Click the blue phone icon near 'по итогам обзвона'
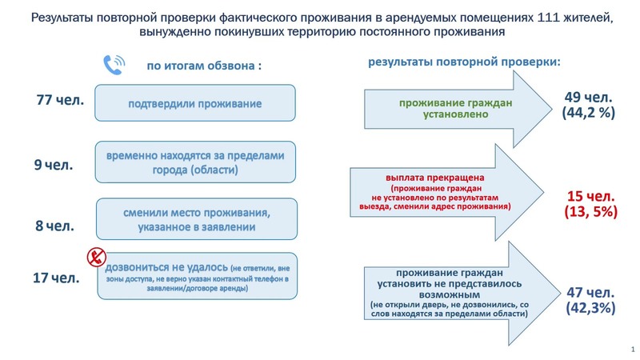114,65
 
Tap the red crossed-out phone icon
97,258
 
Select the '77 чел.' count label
60,100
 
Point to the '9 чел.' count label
54,165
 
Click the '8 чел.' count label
54,226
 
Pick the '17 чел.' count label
56,278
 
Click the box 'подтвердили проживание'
195,103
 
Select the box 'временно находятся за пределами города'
195,162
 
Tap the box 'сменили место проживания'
197,219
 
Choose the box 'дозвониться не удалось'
198,276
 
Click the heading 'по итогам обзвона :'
204,66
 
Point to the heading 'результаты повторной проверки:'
465,62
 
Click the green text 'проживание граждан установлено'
455,109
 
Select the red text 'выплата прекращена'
435,178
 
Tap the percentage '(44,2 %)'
588,113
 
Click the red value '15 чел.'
590,196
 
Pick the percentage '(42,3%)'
590,308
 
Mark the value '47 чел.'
590,293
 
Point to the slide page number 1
633,350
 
